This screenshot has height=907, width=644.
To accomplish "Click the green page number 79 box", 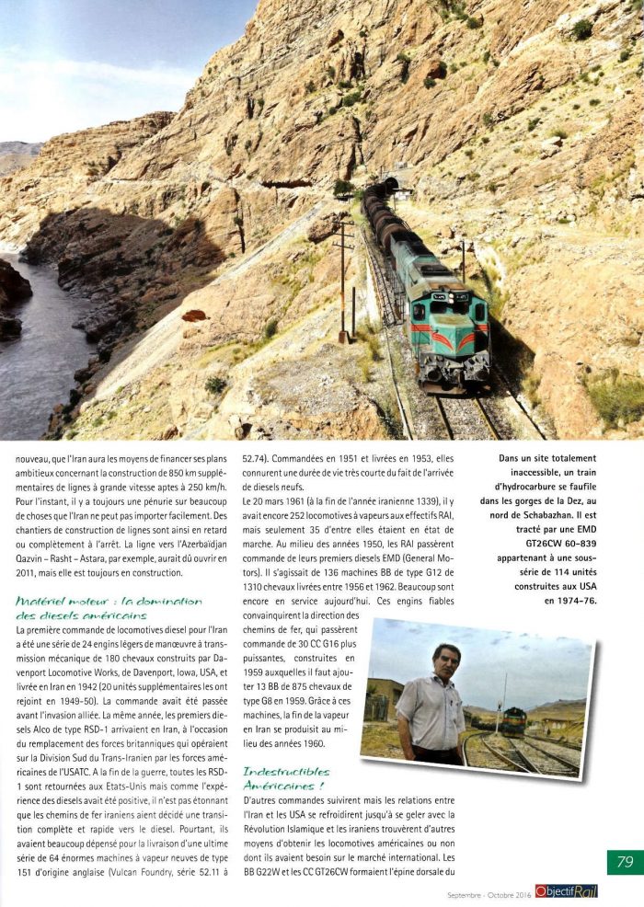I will (x=625, y=862).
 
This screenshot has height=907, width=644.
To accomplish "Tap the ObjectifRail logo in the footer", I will (x=565, y=890).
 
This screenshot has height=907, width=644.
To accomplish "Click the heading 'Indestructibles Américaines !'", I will (x=287, y=777).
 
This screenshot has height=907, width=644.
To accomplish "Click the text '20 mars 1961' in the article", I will (x=273, y=500).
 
